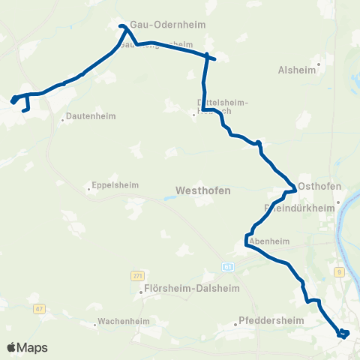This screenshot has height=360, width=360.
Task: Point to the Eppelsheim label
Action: [112, 186]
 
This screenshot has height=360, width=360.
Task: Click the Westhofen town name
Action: [202, 190]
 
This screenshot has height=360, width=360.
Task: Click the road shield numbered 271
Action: [136, 276]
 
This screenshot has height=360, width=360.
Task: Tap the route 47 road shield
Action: [39, 308]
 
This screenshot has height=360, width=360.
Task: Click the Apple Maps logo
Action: [27, 347]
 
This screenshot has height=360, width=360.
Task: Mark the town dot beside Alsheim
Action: [319, 64]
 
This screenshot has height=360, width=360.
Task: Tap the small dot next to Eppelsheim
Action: [88, 189]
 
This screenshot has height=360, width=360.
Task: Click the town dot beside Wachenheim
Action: [97, 325]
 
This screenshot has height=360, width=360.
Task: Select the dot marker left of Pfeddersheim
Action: [235, 325]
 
